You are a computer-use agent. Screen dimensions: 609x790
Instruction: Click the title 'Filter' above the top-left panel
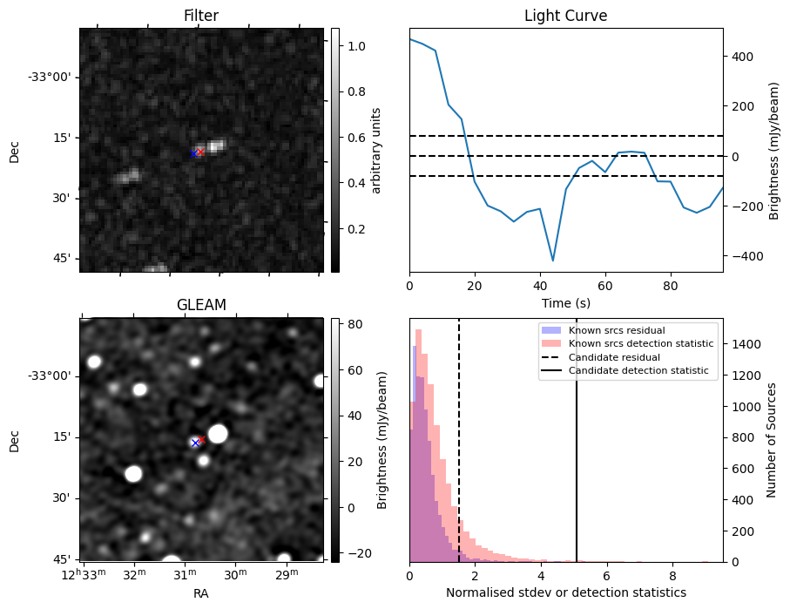pos(200,16)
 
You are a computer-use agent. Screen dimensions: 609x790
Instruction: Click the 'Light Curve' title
pos(565,16)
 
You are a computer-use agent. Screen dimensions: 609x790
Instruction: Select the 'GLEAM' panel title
pos(200,305)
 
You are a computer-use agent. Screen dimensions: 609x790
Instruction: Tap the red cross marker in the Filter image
pos(200,152)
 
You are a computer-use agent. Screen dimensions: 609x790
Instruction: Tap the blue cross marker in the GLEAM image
pos(195,443)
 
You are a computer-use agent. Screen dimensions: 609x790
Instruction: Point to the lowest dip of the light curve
pos(553,261)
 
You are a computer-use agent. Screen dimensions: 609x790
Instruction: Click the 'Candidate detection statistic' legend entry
pos(641,372)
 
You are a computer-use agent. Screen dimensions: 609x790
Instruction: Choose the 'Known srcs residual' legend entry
pos(617,330)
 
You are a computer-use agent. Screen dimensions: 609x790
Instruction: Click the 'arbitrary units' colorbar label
pos(376,150)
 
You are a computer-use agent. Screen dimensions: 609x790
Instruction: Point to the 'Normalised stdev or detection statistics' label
pos(565,592)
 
